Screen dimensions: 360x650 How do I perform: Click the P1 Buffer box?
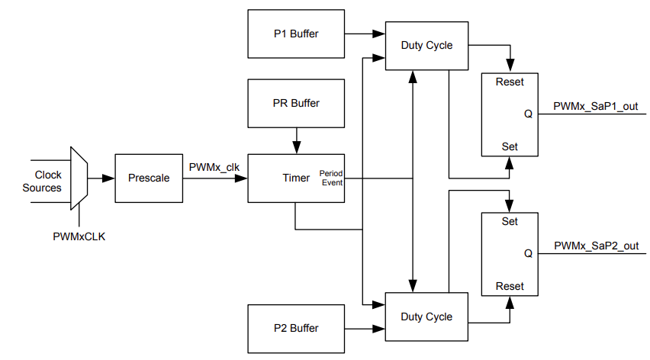[x=296, y=34]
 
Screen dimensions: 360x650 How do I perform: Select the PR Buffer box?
[x=296, y=103]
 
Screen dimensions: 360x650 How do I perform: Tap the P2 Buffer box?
[x=296, y=328]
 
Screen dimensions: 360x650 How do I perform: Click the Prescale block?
[x=148, y=178]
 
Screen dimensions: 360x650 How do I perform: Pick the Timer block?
[x=296, y=178]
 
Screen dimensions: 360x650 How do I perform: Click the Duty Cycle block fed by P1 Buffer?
[x=426, y=45]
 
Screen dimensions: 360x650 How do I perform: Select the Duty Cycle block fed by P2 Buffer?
[x=426, y=317]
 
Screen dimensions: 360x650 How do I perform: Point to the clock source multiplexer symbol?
[x=79, y=178]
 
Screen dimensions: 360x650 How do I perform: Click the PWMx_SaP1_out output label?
[x=596, y=106]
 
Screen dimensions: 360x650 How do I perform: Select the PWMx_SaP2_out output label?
[x=596, y=246]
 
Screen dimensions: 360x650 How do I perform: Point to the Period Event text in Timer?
[x=331, y=178]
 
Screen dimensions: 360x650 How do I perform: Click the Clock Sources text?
[x=42, y=182]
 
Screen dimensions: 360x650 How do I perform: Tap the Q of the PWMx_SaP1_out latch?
[x=528, y=114]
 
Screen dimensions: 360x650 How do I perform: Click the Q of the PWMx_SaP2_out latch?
[x=528, y=253]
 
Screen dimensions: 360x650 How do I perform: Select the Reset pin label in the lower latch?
[x=510, y=286]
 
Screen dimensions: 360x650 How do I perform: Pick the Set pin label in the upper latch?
[x=510, y=146]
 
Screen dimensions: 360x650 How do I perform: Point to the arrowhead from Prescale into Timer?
[x=243, y=178]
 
